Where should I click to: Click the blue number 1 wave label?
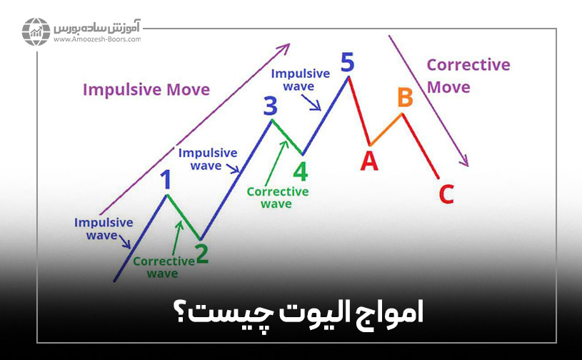pyautogui.click(x=166, y=179)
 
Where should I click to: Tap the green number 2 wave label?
pyautogui.click(x=202, y=254)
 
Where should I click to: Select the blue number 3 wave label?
pyautogui.click(x=270, y=106)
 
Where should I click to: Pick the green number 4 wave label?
pyautogui.click(x=301, y=171)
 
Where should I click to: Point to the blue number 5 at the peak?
pyautogui.click(x=347, y=62)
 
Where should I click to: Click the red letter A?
pyautogui.click(x=368, y=161)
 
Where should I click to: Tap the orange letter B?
pyautogui.click(x=405, y=97)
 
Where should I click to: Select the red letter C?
pyautogui.click(x=446, y=194)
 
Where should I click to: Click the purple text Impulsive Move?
pyautogui.click(x=146, y=90)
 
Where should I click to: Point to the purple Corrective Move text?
pyautogui.click(x=468, y=76)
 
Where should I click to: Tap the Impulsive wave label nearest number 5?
pyautogui.click(x=301, y=79)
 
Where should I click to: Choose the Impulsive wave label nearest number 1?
pyautogui.click(x=104, y=229)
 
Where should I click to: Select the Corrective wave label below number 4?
pyautogui.click(x=277, y=197)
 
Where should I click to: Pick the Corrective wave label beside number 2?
pyautogui.click(x=163, y=266)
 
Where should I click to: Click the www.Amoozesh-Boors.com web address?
pyautogui.click(x=96, y=40)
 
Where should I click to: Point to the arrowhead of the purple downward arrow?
pyautogui.click(x=466, y=161)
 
